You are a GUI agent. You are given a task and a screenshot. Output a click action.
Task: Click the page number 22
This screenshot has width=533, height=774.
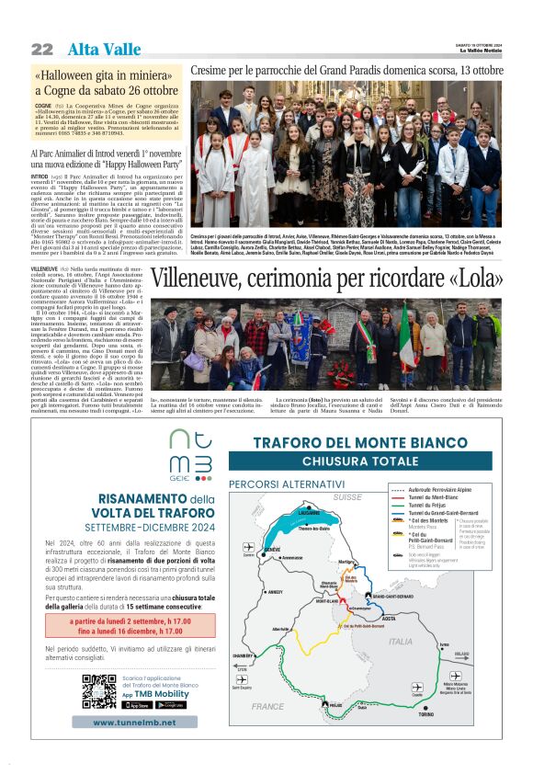pyautogui.click(x=42, y=49)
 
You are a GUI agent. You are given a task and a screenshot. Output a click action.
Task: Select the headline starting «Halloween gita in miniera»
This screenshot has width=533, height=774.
pyautogui.click(x=107, y=82)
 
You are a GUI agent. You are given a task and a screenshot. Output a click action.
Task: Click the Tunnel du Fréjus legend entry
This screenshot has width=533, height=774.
pyautogui.click(x=427, y=506)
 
